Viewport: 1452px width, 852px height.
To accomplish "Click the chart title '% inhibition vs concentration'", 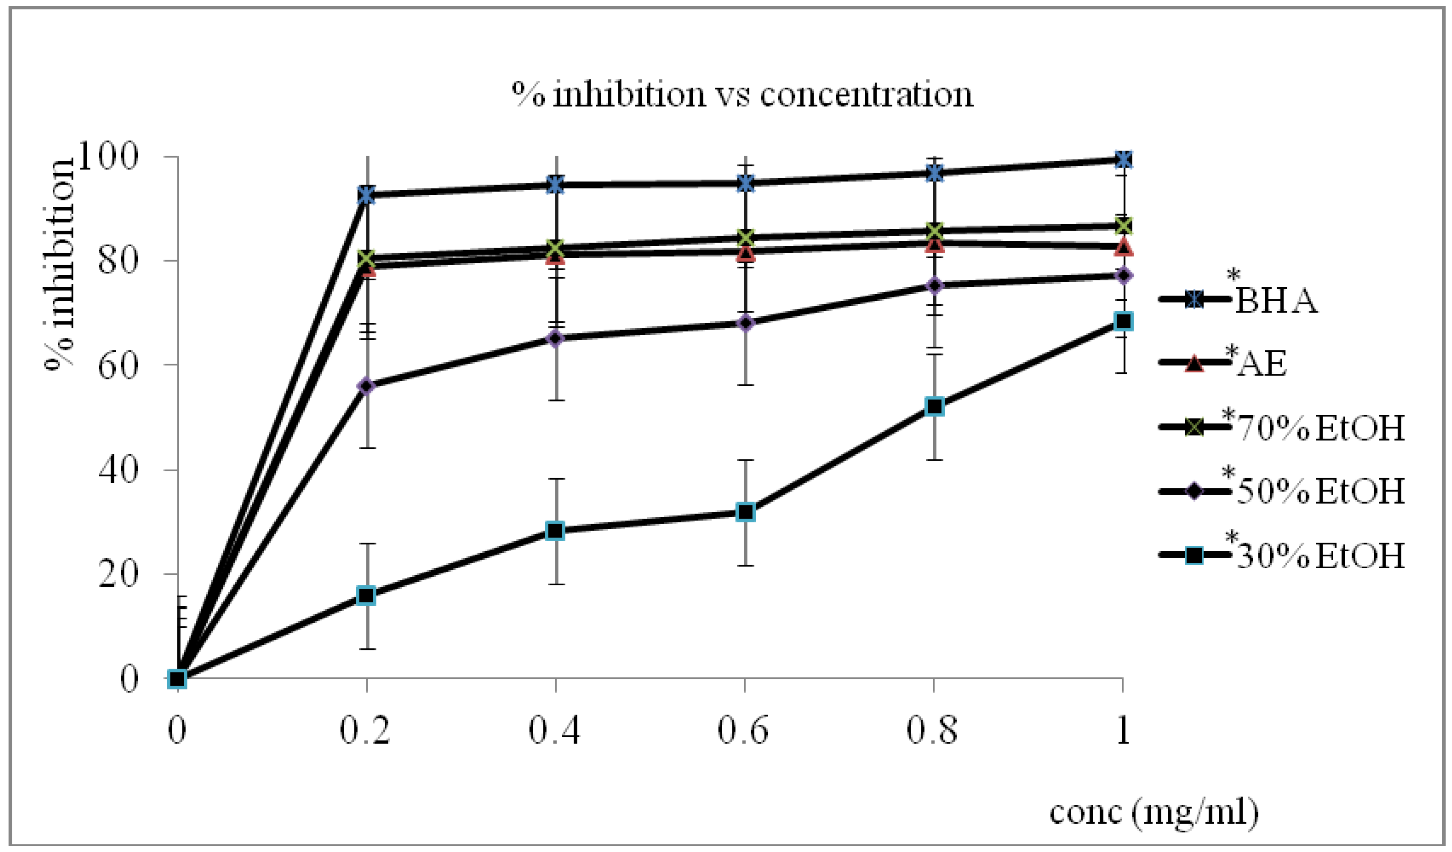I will [742, 94].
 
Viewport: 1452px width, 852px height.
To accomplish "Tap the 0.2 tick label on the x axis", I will [365, 730].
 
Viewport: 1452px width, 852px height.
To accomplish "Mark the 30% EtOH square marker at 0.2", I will [366, 595].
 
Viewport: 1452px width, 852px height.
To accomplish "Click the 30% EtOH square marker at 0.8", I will [934, 406].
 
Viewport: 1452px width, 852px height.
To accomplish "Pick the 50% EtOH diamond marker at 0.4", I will [555, 338].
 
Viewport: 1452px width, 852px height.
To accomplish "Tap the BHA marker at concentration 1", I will [1123, 160].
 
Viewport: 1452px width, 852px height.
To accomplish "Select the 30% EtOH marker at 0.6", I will [745, 512].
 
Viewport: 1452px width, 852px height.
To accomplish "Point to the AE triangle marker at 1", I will [1123, 248].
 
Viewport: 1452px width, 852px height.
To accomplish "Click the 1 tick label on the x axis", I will [1123, 730].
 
